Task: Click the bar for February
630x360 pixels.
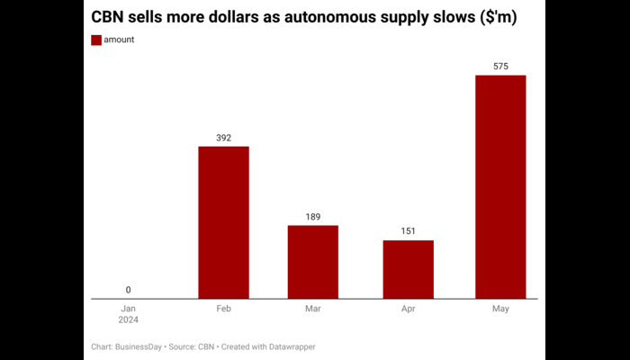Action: [x=223, y=221]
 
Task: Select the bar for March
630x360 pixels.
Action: [x=313, y=261]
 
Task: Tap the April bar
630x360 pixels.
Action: [x=408, y=269]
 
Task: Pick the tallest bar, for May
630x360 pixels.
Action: [x=500, y=186]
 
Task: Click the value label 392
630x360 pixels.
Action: [x=224, y=138]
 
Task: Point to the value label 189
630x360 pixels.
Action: [x=313, y=217]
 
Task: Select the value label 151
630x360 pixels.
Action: [x=408, y=232]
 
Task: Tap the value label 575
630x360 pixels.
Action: [x=500, y=67]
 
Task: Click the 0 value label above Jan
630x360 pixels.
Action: [x=128, y=290]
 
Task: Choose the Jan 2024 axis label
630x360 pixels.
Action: [x=128, y=313]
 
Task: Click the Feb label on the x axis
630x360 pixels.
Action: [x=224, y=308]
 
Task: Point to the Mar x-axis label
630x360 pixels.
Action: [x=313, y=308]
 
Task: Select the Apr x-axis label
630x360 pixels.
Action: [x=408, y=308]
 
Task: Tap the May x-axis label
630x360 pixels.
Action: [x=500, y=308]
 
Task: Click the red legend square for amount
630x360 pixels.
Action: [x=96, y=40]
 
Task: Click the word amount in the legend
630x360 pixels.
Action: [x=120, y=40]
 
